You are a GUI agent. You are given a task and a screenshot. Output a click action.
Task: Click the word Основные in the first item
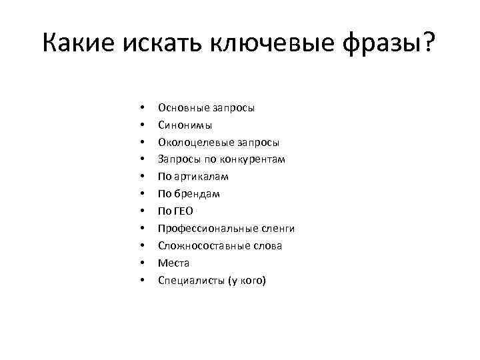180,107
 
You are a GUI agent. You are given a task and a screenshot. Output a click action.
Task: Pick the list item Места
173,263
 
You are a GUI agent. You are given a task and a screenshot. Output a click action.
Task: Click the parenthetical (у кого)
247,281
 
